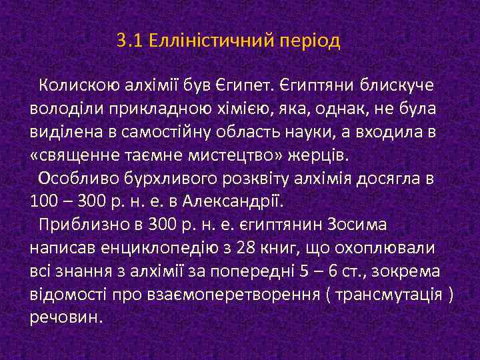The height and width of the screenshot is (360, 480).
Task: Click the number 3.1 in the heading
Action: click(x=129, y=41)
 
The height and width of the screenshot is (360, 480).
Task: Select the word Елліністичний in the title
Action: click(x=205, y=41)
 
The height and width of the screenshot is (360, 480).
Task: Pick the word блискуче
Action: click(x=397, y=85)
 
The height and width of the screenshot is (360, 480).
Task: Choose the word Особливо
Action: click(x=75, y=179)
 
